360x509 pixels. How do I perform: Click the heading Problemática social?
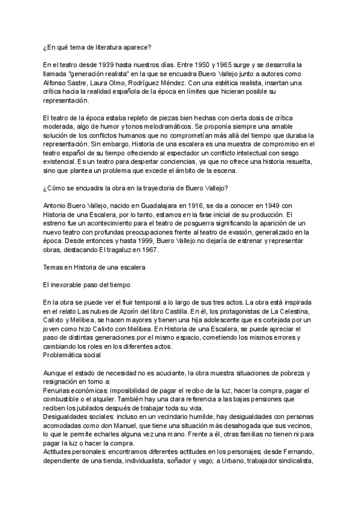coord(73,355)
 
